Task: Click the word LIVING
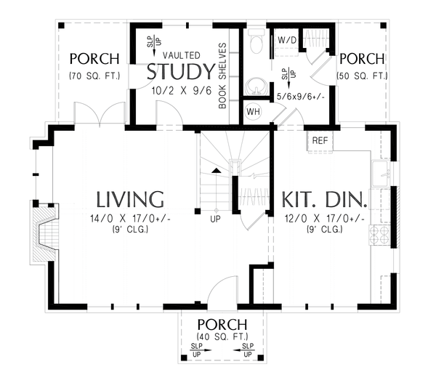[130, 199]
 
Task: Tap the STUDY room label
[181, 72]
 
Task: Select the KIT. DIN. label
[320, 200]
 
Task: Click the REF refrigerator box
[320, 140]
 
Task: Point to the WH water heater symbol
[253, 111]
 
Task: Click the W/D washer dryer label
[285, 40]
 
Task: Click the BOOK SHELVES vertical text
[223, 76]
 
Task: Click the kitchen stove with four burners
[380, 235]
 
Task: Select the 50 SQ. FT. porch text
[360, 75]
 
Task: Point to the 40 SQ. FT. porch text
[222, 336]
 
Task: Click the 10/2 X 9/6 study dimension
[181, 92]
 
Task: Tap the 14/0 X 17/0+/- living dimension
[130, 219]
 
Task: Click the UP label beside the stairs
[215, 218]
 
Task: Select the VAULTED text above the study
[182, 55]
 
